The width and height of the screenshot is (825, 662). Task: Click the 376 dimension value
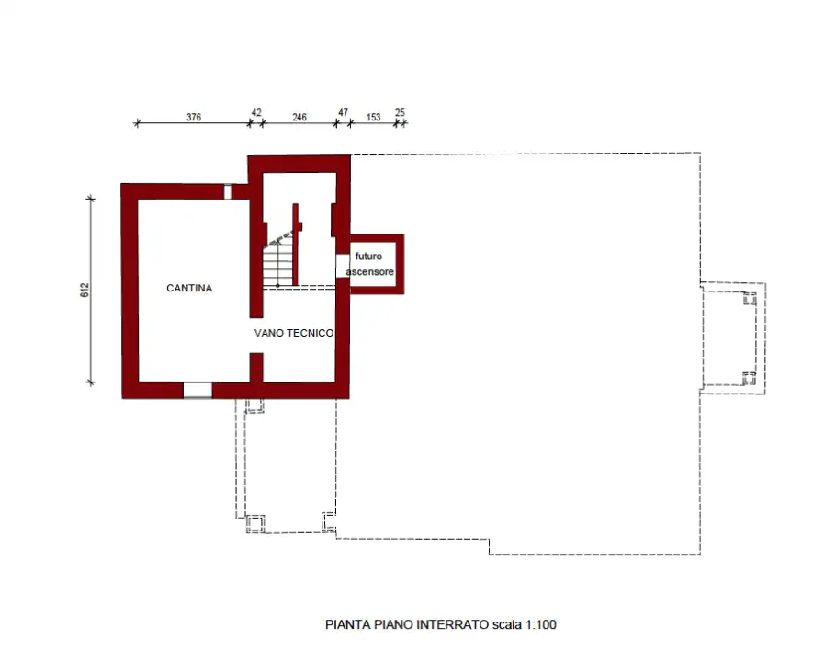(x=194, y=117)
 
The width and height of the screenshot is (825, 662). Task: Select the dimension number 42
(x=255, y=112)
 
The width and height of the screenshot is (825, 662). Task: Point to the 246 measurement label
(x=299, y=117)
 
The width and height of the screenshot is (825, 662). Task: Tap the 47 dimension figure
(x=344, y=112)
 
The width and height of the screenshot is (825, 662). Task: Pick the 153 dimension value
(x=374, y=117)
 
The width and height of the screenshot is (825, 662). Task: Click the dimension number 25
(x=400, y=112)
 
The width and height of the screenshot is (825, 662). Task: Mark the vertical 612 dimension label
(x=85, y=291)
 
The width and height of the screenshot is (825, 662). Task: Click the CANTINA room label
(x=189, y=288)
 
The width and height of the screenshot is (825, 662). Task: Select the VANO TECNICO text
(x=294, y=333)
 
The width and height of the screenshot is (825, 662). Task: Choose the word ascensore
(x=370, y=272)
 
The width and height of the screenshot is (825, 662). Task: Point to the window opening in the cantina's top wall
(x=228, y=191)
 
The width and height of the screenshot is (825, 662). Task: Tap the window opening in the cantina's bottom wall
(x=198, y=390)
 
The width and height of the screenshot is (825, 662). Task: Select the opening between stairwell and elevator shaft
(x=342, y=265)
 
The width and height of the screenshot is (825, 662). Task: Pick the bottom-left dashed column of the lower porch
(x=256, y=523)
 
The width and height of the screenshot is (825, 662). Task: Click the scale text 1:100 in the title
(x=541, y=624)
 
